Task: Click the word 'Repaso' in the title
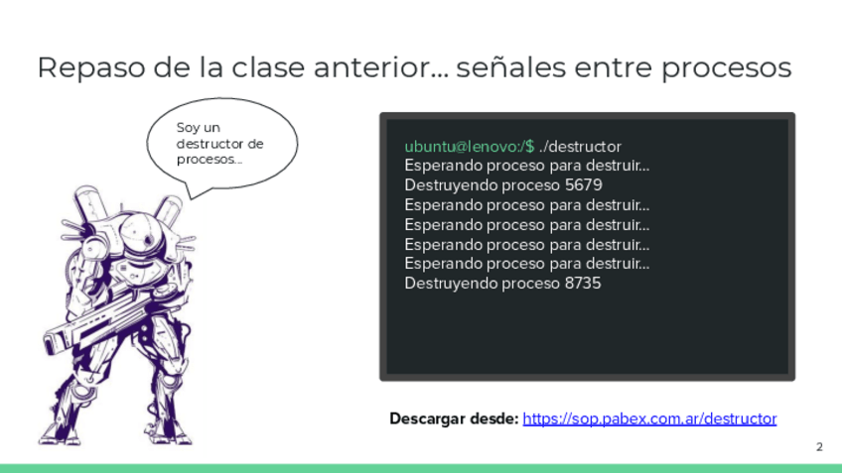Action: [x=91, y=68]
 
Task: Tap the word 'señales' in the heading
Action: [x=510, y=67]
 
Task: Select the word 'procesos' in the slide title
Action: [x=726, y=68]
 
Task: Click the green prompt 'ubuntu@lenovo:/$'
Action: [x=470, y=147]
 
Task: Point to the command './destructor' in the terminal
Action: [x=580, y=147]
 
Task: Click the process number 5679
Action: [x=584, y=185]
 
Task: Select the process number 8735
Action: [x=583, y=284]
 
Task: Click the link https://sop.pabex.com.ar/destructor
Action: [x=649, y=418]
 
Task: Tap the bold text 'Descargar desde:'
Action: [x=454, y=418]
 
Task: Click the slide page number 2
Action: [x=819, y=446]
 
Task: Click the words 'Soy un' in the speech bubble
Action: [x=199, y=128]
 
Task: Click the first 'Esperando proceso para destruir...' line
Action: [x=527, y=166]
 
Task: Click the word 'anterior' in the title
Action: [x=373, y=67]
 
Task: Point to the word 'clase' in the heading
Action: [x=266, y=67]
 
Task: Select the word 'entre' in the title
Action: [x=614, y=68]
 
